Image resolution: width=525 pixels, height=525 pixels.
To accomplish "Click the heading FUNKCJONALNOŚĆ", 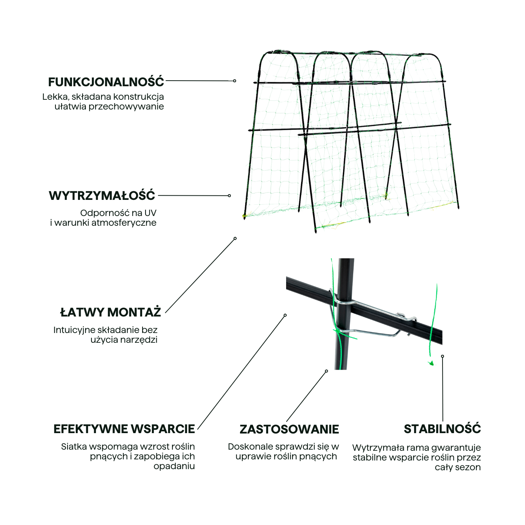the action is click(106, 82).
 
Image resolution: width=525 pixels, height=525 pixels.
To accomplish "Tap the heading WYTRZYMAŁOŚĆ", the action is click(102, 196).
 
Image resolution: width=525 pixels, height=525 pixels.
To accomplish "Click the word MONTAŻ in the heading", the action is click(134, 312).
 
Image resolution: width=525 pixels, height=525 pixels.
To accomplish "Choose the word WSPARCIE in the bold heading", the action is click(159, 429).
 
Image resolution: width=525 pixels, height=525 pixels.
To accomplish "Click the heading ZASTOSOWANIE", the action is click(289, 429).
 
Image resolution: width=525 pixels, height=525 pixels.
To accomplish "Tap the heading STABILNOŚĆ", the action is click(442, 429).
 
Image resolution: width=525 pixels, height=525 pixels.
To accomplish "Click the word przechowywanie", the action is click(126, 106).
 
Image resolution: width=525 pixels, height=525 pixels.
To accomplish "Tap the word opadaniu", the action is click(174, 466).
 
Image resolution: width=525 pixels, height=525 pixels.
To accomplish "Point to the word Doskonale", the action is click(250, 447).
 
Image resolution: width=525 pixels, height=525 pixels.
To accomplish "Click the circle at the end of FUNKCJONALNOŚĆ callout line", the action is click(234, 81).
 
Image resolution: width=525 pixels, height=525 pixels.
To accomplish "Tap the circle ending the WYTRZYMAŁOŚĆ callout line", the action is click(229, 196).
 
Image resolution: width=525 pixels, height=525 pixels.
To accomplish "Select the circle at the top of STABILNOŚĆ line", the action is click(442, 356).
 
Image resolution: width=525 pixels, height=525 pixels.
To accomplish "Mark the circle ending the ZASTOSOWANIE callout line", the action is click(326, 371).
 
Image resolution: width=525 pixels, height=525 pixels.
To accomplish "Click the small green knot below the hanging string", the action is click(431, 363).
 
